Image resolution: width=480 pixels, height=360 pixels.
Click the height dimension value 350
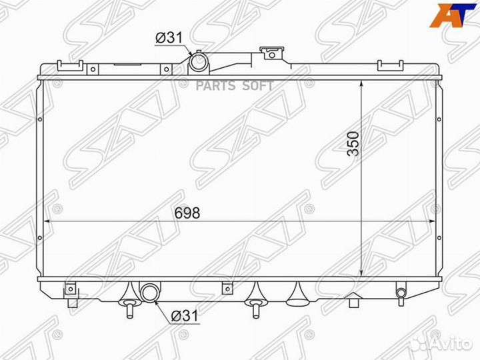pos(353,143)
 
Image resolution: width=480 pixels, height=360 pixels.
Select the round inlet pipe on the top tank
pos(198,63)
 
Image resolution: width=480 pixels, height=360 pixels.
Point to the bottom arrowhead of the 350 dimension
pos(361,273)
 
